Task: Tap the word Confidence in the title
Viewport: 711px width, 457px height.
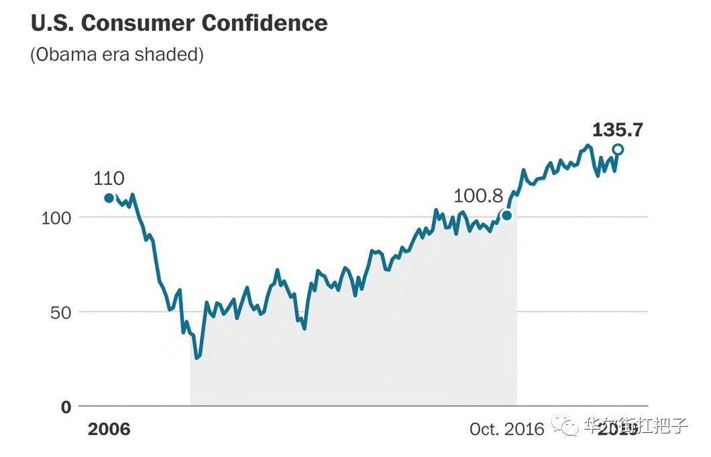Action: (264, 23)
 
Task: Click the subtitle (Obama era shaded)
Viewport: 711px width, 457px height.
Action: (117, 55)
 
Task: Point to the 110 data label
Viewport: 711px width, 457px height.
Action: (109, 179)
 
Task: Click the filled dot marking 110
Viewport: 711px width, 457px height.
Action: (109, 198)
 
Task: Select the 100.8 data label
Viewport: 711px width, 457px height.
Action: (478, 196)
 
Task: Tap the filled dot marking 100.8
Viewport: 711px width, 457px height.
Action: (507, 215)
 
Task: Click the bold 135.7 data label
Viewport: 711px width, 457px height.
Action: (617, 130)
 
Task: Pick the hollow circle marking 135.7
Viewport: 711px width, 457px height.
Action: (618, 149)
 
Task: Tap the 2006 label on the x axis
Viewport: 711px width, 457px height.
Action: (109, 430)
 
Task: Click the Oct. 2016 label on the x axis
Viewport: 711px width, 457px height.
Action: (507, 430)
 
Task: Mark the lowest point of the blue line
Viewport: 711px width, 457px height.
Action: (197, 358)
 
